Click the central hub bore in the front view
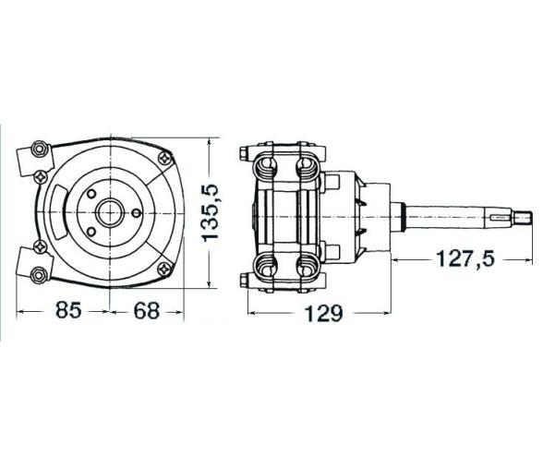(111, 211)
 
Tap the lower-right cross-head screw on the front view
(163, 268)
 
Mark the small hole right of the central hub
(136, 211)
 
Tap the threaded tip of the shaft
(525, 219)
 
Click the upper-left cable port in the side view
(266, 166)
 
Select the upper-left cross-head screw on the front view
(41, 175)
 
